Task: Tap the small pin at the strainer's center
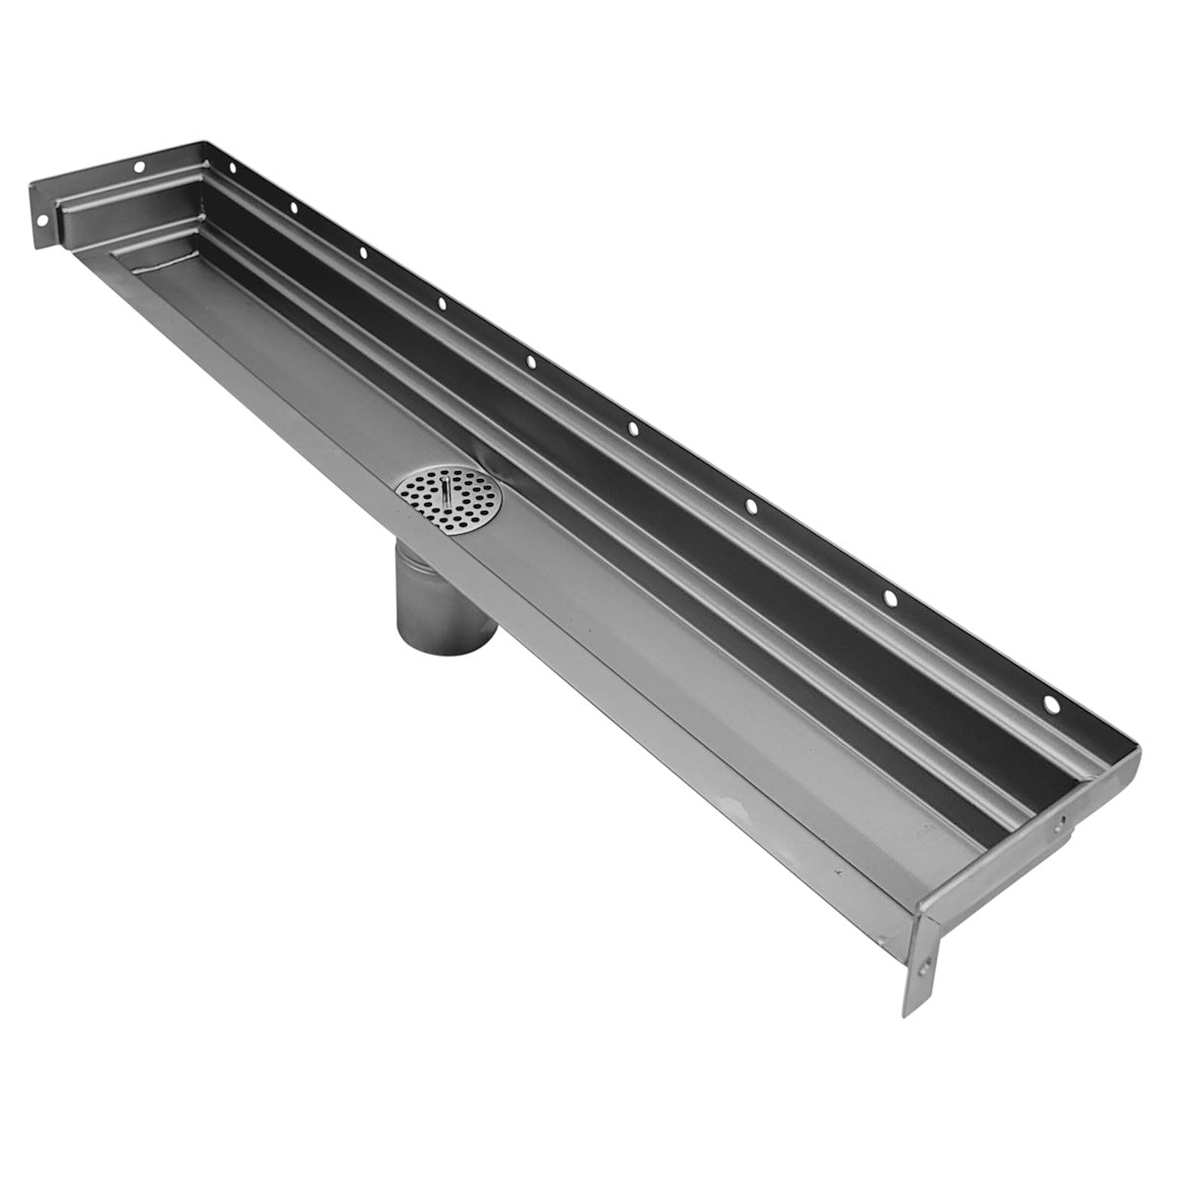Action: coord(447,489)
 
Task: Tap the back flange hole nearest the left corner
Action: coord(233,168)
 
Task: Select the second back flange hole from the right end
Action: coord(889,597)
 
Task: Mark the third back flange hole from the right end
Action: coord(750,506)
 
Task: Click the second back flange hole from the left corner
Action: coord(293,207)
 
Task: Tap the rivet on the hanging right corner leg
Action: coord(924,969)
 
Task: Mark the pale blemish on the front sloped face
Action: coord(731,805)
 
